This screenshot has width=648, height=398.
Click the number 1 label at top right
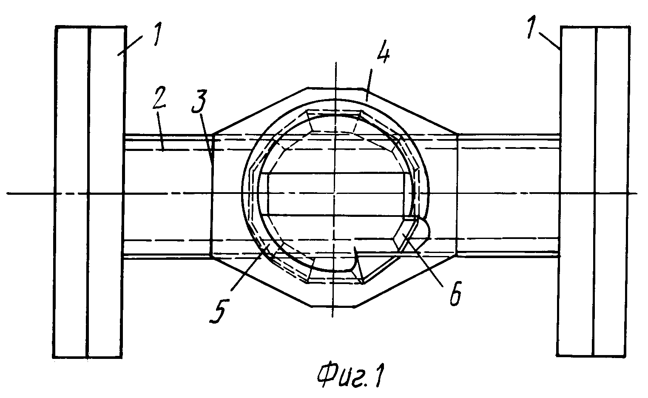tap(531, 28)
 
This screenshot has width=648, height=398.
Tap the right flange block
tap(595, 191)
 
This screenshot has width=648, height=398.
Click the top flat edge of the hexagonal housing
tap(335, 87)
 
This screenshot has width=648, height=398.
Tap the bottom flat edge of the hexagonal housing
tap(334, 306)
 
